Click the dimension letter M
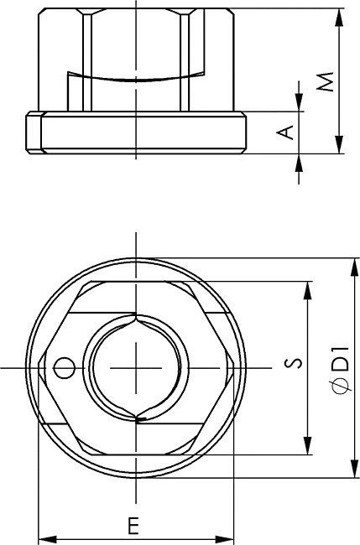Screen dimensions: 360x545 coord(327,81)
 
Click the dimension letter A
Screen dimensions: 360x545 coord(285,132)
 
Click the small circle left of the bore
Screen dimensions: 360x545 coord(64,368)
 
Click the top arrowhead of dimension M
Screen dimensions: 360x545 coord(340,18)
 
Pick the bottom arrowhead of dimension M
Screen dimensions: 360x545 coord(340,144)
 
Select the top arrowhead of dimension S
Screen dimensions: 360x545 coord(307,291)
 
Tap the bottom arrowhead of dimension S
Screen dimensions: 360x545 coord(307,445)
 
